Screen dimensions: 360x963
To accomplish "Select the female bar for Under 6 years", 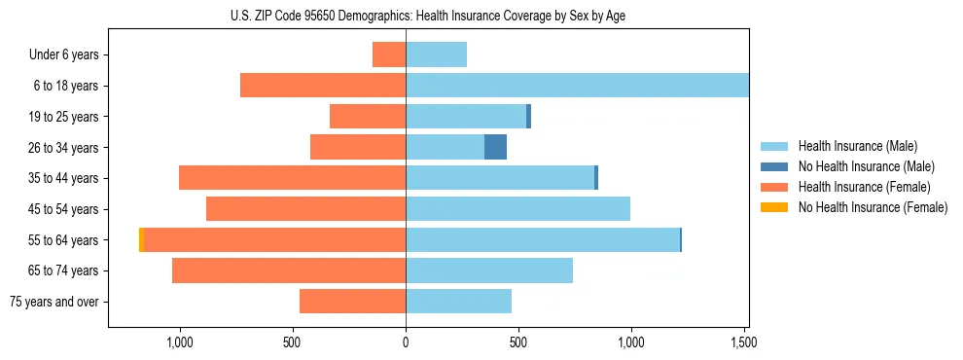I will [389, 54].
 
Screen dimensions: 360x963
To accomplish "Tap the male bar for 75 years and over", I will [458, 302].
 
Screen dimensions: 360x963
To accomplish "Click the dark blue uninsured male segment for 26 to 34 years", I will [495, 147].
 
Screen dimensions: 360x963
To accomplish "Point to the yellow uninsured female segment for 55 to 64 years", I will [141, 239].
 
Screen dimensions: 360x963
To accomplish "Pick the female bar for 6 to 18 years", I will [323, 86].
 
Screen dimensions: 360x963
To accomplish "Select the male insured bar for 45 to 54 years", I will [517, 209].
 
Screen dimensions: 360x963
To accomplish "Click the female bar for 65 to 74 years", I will [289, 270].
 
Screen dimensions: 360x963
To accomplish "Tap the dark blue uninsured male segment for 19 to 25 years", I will [528, 117].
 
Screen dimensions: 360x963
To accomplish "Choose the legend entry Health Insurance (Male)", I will [857, 146].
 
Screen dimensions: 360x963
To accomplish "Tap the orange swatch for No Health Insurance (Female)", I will [775, 207].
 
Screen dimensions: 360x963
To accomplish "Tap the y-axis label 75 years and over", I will [54, 302].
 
